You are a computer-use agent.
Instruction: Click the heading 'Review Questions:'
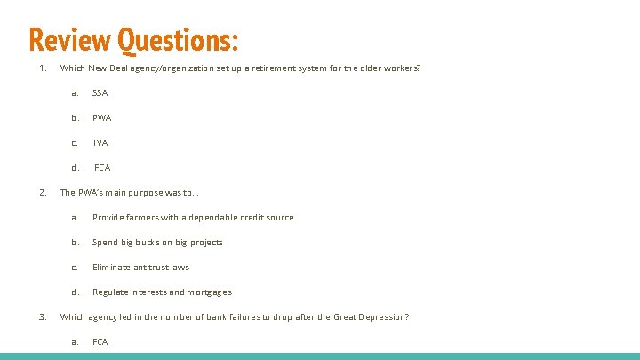(x=133, y=39)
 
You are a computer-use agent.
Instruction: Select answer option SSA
(x=100, y=92)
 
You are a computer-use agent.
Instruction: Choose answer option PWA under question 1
(x=101, y=117)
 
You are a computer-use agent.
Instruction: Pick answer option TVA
(x=100, y=142)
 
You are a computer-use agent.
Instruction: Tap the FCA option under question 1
(x=102, y=167)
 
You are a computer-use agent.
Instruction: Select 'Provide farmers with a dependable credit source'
(x=192, y=217)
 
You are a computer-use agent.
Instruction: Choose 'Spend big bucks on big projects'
(x=157, y=242)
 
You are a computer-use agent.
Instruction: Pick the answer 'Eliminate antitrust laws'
(x=140, y=267)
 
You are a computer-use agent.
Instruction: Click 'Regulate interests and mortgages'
(x=162, y=292)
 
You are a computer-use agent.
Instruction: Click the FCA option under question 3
(x=100, y=341)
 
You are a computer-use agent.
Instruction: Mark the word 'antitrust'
(x=150, y=267)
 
